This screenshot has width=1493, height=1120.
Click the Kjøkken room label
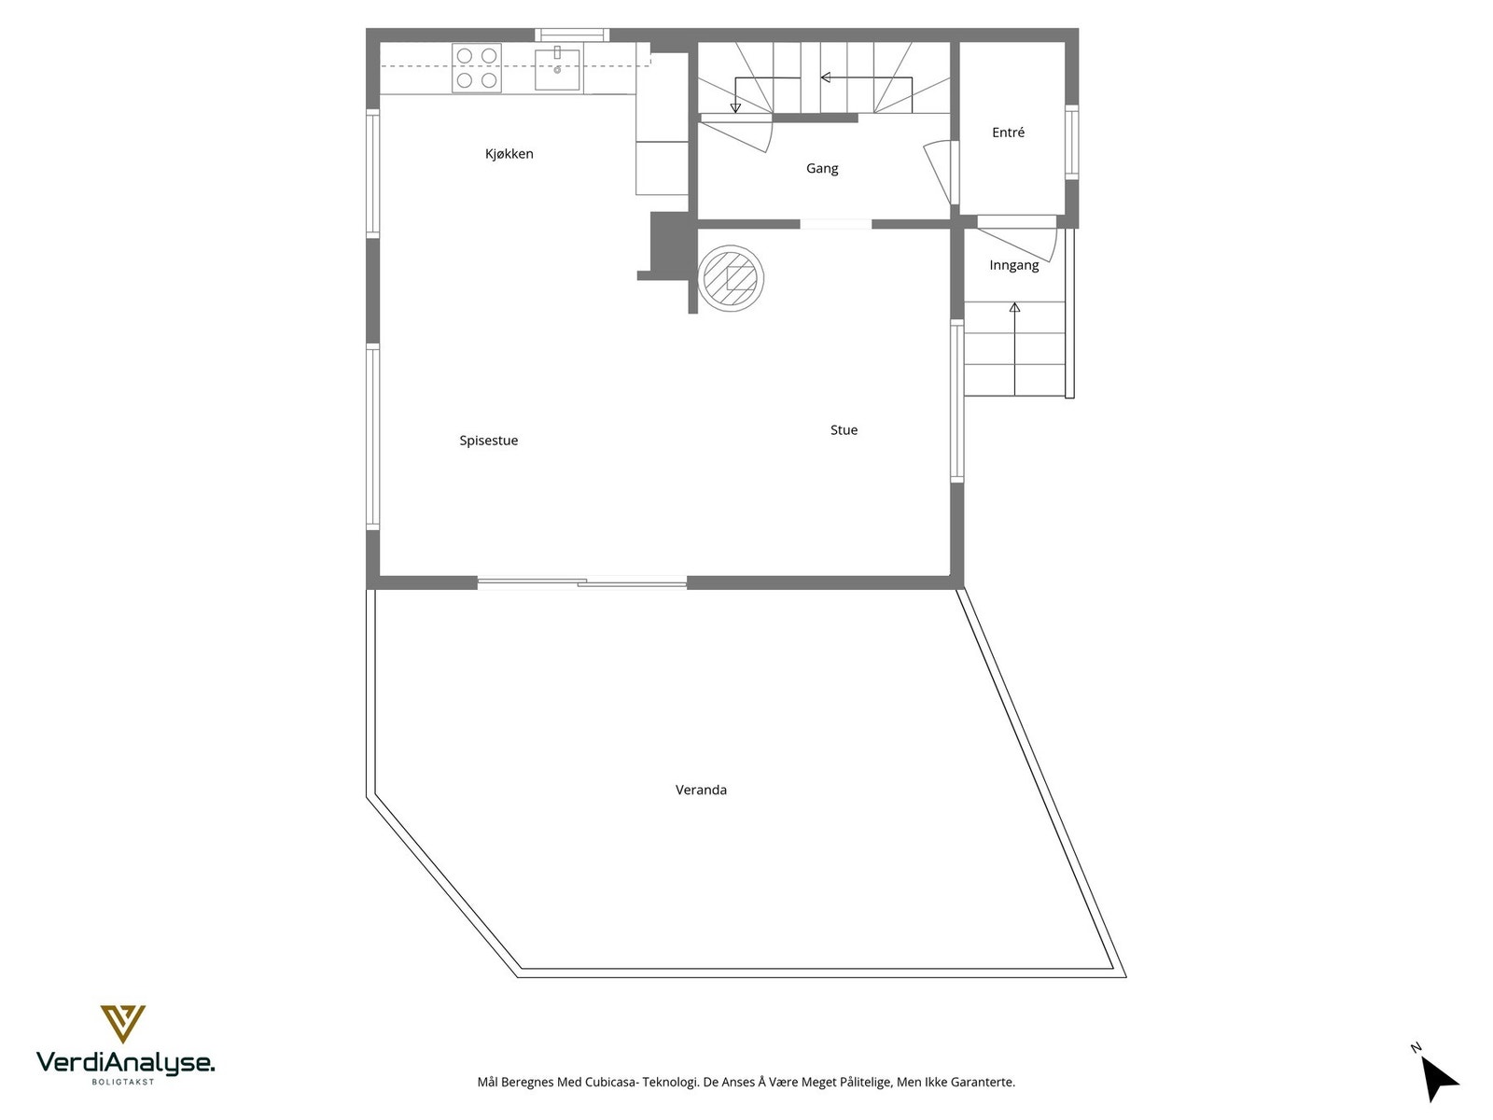509,154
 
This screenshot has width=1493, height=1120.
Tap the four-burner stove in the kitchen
476,68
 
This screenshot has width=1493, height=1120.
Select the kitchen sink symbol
557,69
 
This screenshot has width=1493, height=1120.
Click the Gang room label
822,169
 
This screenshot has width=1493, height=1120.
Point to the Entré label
1008,133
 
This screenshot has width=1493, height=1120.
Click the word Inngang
1013,265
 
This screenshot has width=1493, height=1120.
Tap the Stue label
844,430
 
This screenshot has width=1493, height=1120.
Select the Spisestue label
488,441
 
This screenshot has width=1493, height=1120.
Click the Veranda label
701,790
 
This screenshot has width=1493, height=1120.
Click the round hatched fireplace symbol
731,277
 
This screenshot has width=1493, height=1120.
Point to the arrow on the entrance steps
1014,345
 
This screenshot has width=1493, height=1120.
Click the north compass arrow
1439,1079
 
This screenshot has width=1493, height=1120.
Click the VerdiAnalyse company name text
125,1062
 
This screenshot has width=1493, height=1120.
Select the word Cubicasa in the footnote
610,1083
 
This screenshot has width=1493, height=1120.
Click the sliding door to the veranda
582,583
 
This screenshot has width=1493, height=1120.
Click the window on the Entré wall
1071,142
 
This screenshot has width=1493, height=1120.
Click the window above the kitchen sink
572,35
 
